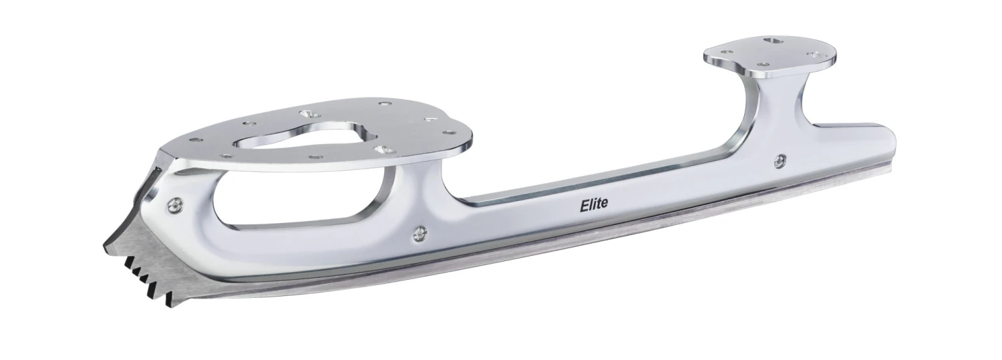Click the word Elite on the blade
(593, 204)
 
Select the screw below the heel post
(780, 160)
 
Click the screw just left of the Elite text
(420, 232)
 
